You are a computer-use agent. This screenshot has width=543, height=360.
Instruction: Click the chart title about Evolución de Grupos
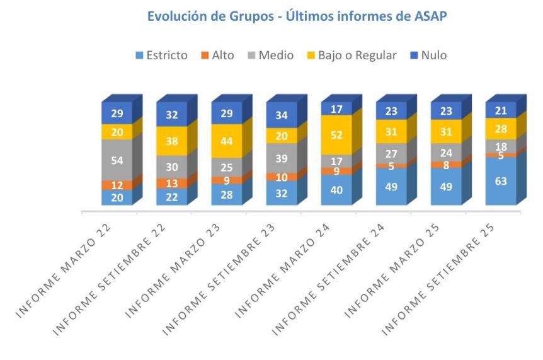(297, 16)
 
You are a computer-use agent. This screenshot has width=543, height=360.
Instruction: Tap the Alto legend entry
(217, 55)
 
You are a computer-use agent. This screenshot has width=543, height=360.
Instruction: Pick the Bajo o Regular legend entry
(351, 55)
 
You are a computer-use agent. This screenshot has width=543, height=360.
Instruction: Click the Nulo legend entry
(428, 55)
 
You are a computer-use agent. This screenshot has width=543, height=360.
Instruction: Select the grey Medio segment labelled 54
(117, 160)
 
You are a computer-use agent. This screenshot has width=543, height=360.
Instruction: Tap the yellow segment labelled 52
(336, 135)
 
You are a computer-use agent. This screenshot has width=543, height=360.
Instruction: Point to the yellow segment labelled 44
(227, 141)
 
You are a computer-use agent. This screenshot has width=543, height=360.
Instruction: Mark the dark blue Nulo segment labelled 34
(282, 115)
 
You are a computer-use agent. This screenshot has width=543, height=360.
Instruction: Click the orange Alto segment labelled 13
(171, 183)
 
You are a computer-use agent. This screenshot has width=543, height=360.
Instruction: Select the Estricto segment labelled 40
(336, 190)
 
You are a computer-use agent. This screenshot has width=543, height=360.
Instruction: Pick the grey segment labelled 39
(282, 158)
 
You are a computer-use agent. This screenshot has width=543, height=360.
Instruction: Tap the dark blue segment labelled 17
(336, 108)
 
